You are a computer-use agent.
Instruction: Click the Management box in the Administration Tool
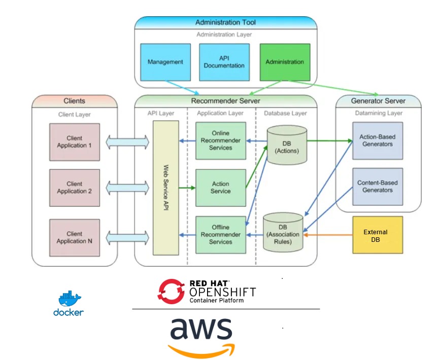tap(165, 62)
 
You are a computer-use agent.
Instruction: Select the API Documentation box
tap(224, 62)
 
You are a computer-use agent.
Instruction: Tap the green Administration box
tap(284, 62)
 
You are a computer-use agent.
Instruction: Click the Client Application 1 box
tap(75, 142)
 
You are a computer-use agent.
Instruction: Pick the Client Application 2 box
tap(75, 188)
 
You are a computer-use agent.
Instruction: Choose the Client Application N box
tap(75, 237)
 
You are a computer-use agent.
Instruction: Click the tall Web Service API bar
tap(166, 188)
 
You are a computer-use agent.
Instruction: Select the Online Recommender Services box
tap(221, 140)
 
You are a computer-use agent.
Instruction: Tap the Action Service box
tap(221, 188)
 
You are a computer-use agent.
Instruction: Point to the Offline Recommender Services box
tap(221, 234)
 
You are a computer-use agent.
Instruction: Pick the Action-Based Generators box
tap(378, 140)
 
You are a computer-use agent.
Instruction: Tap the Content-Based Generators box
tap(378, 187)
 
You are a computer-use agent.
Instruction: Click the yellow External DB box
tap(378, 235)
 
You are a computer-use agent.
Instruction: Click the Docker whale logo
tap(70, 299)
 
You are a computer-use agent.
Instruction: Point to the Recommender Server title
tap(225, 101)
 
